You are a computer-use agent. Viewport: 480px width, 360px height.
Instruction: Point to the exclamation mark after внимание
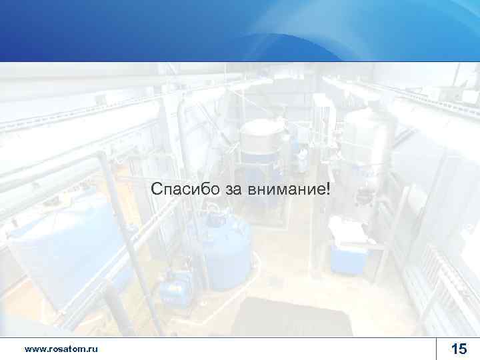(x=327, y=189)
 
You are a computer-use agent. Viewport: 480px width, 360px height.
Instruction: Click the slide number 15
(x=459, y=349)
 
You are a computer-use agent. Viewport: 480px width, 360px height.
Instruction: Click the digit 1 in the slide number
(x=454, y=349)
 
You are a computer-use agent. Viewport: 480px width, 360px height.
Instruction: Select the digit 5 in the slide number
(x=463, y=349)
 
